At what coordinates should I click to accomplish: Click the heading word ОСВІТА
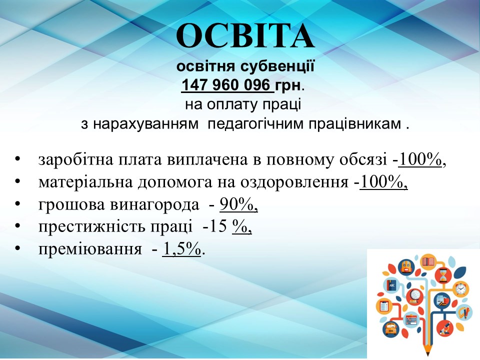coord(245,35)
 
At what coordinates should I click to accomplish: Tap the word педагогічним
coord(255,124)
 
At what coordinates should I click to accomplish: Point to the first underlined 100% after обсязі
coord(420,160)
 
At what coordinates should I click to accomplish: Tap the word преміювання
coord(90,249)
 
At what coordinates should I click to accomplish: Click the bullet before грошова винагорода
coord(17,204)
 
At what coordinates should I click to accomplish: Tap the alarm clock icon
coord(461,288)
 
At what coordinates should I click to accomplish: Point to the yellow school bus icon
coord(390,329)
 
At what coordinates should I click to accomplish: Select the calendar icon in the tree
coord(411,320)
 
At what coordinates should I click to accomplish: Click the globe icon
coord(415,296)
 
